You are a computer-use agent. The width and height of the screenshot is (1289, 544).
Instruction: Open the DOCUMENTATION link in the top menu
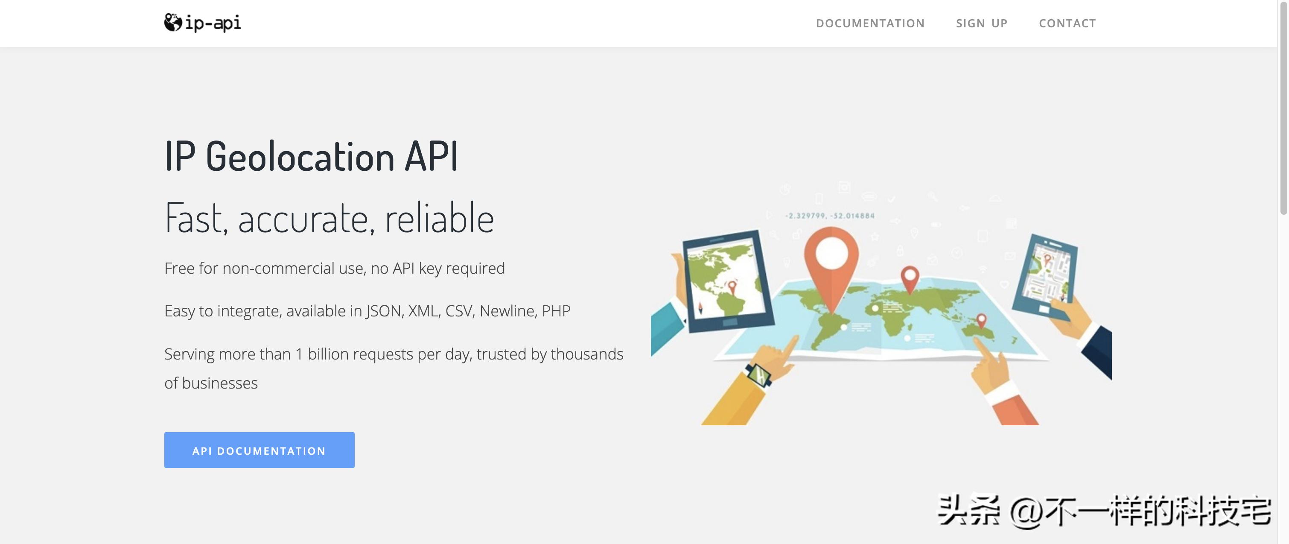coord(870,23)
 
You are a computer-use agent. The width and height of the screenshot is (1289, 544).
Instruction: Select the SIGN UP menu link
coord(982,23)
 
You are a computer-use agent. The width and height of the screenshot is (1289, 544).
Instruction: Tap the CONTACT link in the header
coord(1067,23)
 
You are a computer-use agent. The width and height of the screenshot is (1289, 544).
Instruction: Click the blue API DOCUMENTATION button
coord(259,450)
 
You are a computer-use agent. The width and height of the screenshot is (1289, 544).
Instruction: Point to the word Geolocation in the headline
coord(300,157)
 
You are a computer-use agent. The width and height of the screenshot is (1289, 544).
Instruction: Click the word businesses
coord(220,383)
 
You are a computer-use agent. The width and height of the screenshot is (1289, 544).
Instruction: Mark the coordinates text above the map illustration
coord(830,216)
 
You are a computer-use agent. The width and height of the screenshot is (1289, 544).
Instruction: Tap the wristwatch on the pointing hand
coord(759,374)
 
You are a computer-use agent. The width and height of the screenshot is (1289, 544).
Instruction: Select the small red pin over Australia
coord(981,321)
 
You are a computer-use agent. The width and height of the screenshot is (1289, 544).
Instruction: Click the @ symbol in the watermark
coord(1027,512)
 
